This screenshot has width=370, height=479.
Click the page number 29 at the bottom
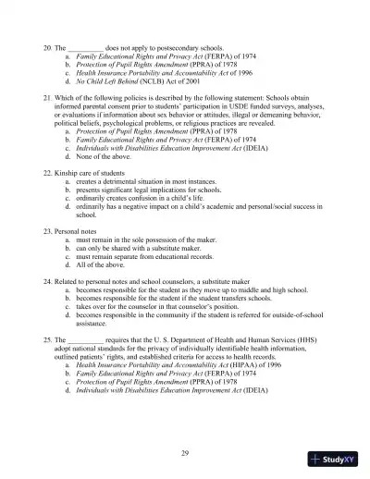pos(185,450)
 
